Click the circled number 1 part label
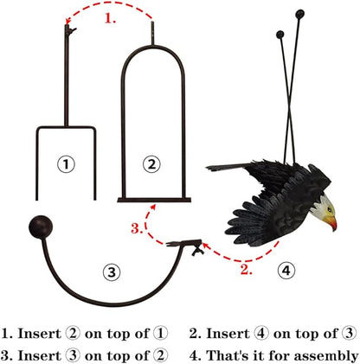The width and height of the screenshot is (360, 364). pyautogui.click(x=66, y=164)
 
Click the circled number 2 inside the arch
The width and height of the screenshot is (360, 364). pyautogui.click(x=151, y=164)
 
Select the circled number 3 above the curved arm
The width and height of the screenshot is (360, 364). pyautogui.click(x=112, y=272)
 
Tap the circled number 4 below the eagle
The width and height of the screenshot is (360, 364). pyautogui.click(x=286, y=271)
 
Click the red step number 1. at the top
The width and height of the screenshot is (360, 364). pyautogui.click(x=110, y=18)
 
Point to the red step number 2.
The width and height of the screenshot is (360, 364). pyautogui.click(x=246, y=270)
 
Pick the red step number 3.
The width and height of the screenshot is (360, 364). pyautogui.click(x=137, y=228)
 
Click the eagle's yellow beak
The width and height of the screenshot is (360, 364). pyautogui.click(x=331, y=222)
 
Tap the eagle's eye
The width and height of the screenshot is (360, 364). pyautogui.click(x=329, y=209)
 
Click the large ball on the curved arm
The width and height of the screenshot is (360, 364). pyautogui.click(x=41, y=227)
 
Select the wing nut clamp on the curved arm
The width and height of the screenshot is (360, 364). pyautogui.click(x=198, y=248)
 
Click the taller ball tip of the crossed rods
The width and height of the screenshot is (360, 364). pyautogui.click(x=299, y=14)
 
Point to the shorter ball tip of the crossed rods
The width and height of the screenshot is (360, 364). pyautogui.click(x=280, y=35)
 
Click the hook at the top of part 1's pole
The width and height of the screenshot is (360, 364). pyautogui.click(x=69, y=30)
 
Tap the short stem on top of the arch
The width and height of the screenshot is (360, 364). pyautogui.click(x=152, y=33)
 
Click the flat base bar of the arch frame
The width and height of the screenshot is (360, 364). pyautogui.click(x=154, y=200)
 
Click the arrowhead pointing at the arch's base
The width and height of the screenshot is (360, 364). pyautogui.click(x=152, y=208)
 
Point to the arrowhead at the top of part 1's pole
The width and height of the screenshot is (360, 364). pyautogui.click(x=67, y=21)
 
